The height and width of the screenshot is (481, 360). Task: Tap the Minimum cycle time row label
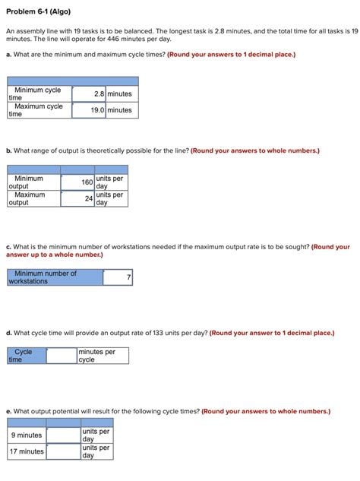pyautogui.click(x=38, y=94)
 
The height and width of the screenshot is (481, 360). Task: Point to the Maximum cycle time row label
pyautogui.click(x=38, y=110)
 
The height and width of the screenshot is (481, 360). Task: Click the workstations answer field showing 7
pyautogui.click(x=118, y=277)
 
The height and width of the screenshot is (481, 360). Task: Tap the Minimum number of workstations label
pyautogui.click(x=54, y=277)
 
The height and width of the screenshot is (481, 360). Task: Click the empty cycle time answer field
pyautogui.click(x=61, y=356)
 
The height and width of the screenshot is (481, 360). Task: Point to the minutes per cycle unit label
pyautogui.click(x=103, y=356)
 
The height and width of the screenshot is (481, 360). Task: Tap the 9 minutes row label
pyautogui.click(x=27, y=435)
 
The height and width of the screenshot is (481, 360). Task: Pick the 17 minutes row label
pyautogui.click(x=27, y=451)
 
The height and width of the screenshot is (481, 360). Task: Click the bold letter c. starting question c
pyautogui.click(x=8, y=247)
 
